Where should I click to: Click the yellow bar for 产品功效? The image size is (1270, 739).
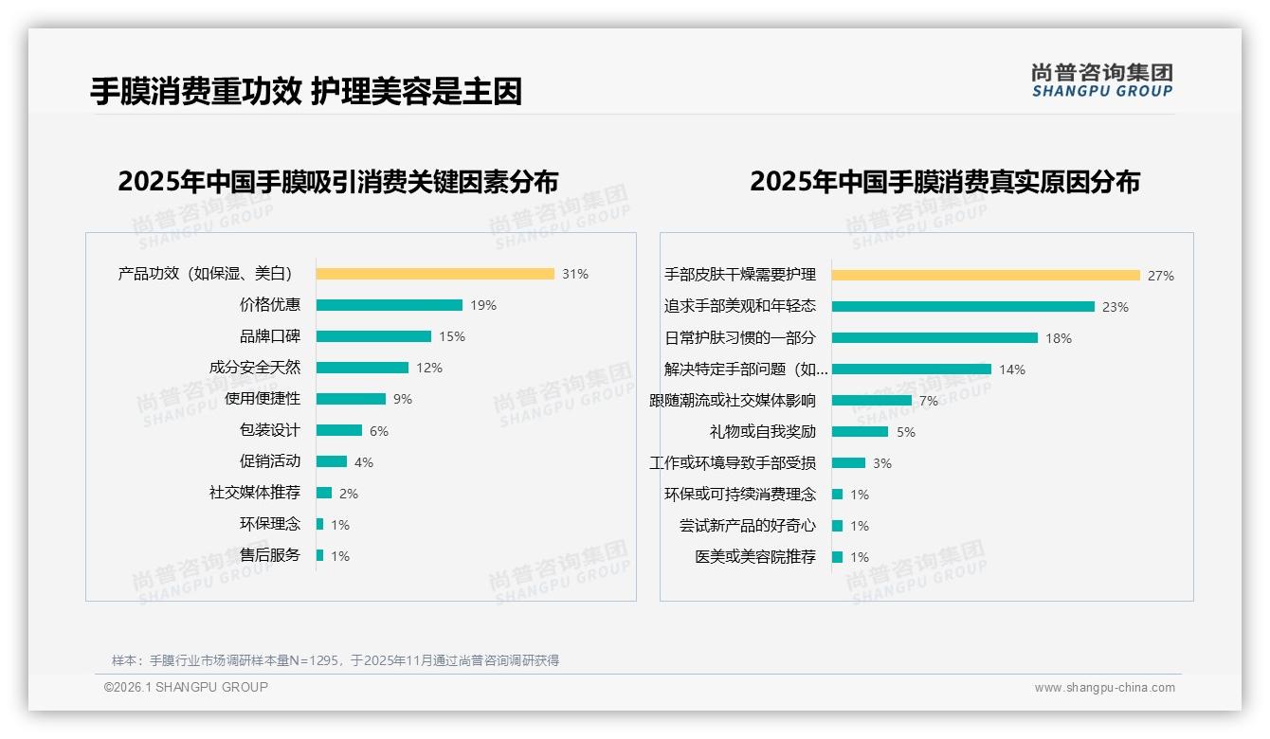(x=435, y=274)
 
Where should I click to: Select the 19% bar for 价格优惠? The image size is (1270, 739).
(x=390, y=305)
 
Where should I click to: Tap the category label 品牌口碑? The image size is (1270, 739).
(x=269, y=336)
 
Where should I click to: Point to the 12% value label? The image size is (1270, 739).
(x=429, y=368)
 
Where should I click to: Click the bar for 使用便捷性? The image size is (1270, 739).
(x=351, y=399)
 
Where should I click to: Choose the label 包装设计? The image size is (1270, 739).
(x=269, y=430)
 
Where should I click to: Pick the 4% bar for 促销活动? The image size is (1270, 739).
(x=332, y=461)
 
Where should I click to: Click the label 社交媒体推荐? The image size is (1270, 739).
(x=254, y=493)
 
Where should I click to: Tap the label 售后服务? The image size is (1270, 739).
(x=269, y=555)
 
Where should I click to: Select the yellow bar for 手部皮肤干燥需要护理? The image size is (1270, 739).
(x=986, y=276)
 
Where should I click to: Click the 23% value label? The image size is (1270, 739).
(x=1116, y=307)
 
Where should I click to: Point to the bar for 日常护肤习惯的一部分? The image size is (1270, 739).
(x=934, y=338)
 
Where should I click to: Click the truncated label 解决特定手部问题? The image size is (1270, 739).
(x=746, y=369)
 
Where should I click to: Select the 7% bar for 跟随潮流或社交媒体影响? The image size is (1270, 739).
(x=872, y=401)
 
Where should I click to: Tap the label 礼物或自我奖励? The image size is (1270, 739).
(x=762, y=432)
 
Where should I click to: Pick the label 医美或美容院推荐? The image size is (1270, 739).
(x=754, y=557)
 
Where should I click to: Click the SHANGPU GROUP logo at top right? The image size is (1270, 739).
(x=1101, y=81)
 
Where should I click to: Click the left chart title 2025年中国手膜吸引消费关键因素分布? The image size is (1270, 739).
(x=337, y=181)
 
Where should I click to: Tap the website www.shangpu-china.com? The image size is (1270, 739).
(x=1104, y=688)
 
